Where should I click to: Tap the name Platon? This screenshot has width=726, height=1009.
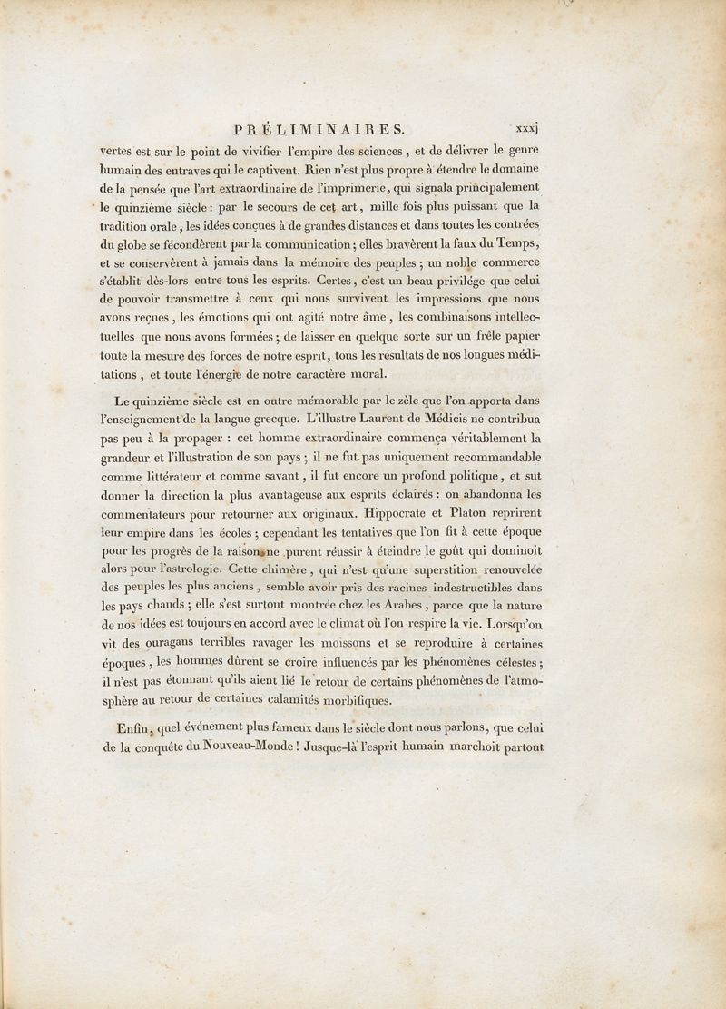pos(459,514)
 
